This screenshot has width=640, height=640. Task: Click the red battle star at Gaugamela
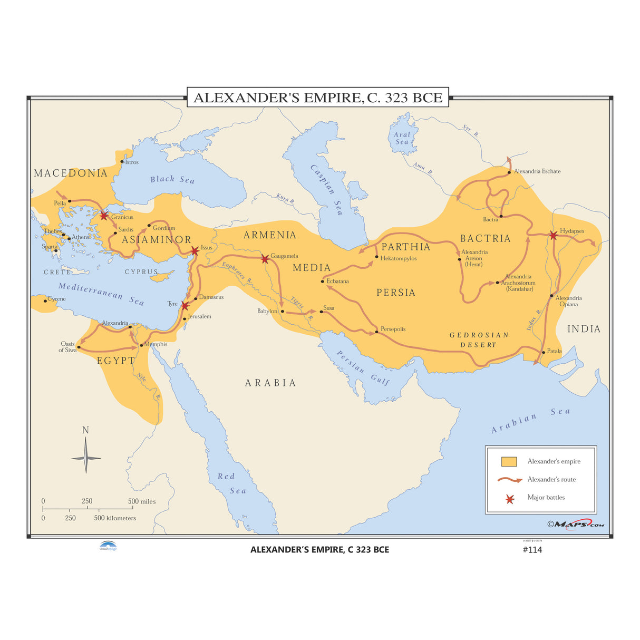[x=265, y=259]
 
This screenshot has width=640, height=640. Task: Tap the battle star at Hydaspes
[x=552, y=235]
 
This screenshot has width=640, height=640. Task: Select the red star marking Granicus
[x=104, y=216]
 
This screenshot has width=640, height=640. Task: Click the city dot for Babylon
[x=282, y=312]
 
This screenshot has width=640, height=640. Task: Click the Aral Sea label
[x=402, y=138]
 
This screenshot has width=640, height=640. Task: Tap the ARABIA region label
[x=270, y=383]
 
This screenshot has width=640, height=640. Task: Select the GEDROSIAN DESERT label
[x=479, y=340]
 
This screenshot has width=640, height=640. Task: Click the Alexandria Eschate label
[x=537, y=171]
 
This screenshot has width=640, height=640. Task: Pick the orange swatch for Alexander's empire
[x=509, y=462]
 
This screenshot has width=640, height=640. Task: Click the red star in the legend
[x=510, y=499]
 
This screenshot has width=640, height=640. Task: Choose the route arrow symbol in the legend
[x=509, y=480]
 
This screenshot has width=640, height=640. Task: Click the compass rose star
[x=86, y=458]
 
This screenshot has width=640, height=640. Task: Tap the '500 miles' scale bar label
[x=142, y=501]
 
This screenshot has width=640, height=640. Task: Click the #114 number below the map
[x=532, y=550]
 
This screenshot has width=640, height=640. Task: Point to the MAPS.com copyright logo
[x=576, y=524]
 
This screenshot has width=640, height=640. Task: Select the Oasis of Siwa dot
[x=79, y=347]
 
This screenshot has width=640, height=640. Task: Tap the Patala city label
[x=554, y=351]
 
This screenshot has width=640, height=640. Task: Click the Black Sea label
[x=172, y=180]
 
